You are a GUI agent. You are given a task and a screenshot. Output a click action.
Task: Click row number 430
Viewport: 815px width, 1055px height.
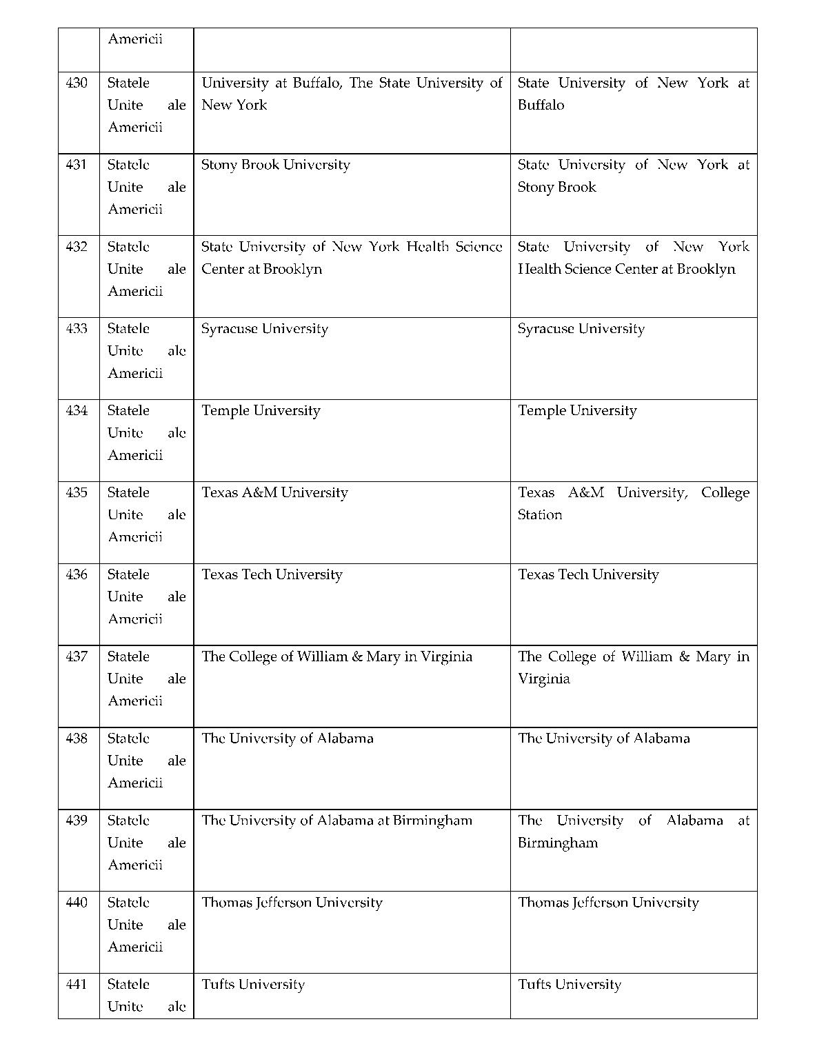tap(77, 83)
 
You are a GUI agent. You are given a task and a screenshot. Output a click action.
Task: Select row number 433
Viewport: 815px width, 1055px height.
tap(77, 329)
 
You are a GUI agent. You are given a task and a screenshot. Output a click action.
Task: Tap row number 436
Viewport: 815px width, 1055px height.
tap(77, 574)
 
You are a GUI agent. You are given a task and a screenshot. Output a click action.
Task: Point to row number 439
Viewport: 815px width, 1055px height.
tap(77, 821)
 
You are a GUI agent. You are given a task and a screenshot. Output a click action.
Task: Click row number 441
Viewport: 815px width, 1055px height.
tap(77, 985)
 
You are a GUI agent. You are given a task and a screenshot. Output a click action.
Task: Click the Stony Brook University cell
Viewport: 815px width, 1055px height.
tap(276, 165)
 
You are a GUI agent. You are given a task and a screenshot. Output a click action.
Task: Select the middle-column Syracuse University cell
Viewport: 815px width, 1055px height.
tap(265, 329)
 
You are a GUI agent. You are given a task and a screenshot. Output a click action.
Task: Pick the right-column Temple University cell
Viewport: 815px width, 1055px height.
tap(577, 411)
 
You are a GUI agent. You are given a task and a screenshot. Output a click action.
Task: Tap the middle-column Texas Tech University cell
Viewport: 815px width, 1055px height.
tap(272, 574)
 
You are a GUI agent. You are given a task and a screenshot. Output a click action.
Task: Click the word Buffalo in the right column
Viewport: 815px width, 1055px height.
tap(541, 105)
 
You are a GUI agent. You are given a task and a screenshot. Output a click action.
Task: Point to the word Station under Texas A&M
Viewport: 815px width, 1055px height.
tap(540, 515)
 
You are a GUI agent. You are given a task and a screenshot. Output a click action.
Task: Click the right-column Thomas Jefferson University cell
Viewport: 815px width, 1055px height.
tap(608, 903)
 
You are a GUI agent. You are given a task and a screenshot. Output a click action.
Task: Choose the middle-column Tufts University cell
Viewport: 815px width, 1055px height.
tap(253, 985)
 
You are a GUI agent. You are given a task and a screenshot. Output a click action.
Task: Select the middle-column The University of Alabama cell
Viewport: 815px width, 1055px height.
tap(288, 738)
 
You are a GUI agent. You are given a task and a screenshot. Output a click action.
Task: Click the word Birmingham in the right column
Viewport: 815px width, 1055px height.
tap(558, 843)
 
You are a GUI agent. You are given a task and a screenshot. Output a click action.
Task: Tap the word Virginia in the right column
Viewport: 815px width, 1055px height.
tap(544, 679)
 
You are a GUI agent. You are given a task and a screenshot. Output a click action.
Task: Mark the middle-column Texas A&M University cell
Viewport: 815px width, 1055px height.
tap(274, 493)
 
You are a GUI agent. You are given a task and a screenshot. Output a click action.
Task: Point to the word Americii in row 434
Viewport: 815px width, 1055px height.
tap(135, 455)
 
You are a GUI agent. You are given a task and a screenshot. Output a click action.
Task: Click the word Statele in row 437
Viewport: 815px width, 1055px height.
tap(128, 656)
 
